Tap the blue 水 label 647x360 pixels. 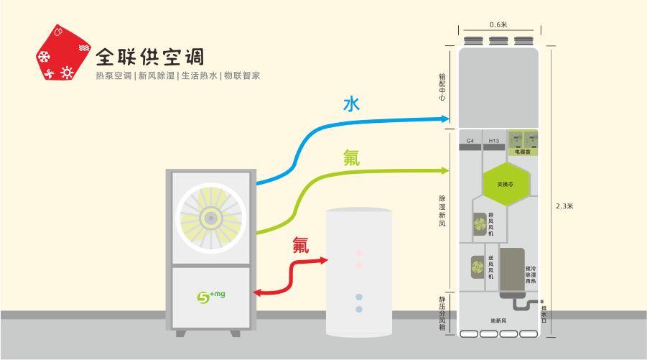pyautogui.click(x=350, y=105)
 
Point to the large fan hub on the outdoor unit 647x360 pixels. pyautogui.click(x=210, y=218)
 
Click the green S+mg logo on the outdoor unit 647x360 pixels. pyautogui.click(x=210, y=296)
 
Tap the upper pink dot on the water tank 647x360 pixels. pyautogui.click(x=359, y=254)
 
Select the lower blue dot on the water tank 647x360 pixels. pyautogui.click(x=359, y=309)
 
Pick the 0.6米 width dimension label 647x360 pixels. pyautogui.click(x=498, y=24)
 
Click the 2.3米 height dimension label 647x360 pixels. pyautogui.click(x=564, y=206)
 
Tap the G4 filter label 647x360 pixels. pyautogui.click(x=470, y=141)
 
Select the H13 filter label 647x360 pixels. pyautogui.click(x=493, y=141)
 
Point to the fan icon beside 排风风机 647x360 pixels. pyautogui.click(x=478, y=224)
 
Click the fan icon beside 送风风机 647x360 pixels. pyautogui.click(x=477, y=267)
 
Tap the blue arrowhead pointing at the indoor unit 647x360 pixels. pyautogui.click(x=446, y=119)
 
